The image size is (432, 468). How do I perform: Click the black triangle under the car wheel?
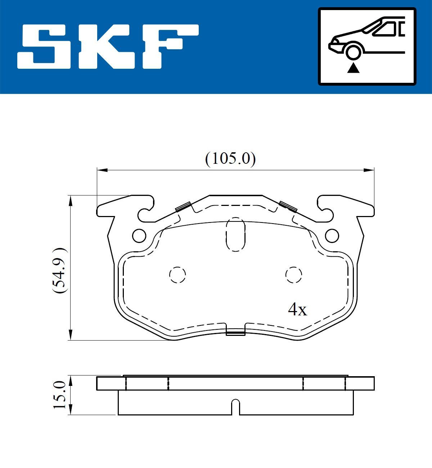[354, 68]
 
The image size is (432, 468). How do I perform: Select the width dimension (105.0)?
[230, 159]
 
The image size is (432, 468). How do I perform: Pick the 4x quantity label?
[297, 309]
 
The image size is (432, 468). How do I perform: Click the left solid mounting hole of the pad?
[139, 236]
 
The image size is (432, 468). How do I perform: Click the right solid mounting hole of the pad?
[332, 236]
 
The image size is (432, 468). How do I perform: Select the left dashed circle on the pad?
[177, 275]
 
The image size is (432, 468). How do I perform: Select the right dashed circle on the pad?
[293, 275]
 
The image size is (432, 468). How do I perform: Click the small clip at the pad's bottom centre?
[235, 332]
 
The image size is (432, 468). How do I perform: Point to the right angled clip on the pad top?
[288, 206]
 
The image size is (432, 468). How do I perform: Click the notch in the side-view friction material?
[235, 407]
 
